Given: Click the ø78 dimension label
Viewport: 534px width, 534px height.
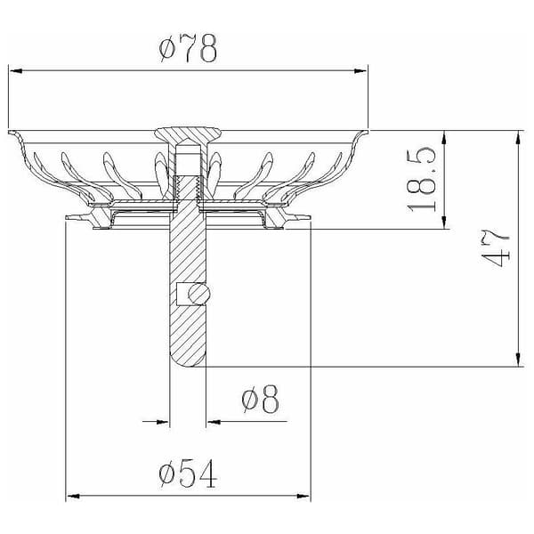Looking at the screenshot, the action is pos(188,48).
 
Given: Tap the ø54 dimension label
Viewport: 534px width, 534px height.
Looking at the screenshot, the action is pos(188,473).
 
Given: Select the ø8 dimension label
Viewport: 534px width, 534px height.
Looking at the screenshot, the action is pos(261,399).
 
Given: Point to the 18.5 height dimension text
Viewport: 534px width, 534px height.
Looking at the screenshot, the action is pos(422,180).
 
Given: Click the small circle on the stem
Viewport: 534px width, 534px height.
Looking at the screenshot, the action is pos(198,294).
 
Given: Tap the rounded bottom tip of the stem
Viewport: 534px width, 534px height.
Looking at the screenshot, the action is pos(188,364).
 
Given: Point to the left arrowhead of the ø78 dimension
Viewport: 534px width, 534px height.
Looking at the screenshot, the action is pos(16,71).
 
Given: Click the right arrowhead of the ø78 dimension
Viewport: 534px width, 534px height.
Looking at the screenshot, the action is pos(360,71).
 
